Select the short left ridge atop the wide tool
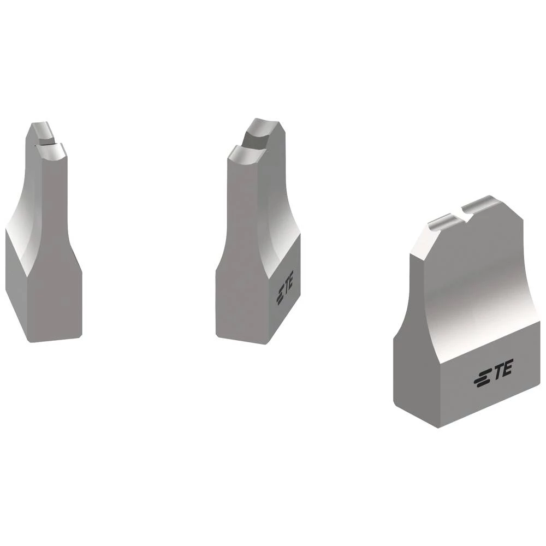444,222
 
